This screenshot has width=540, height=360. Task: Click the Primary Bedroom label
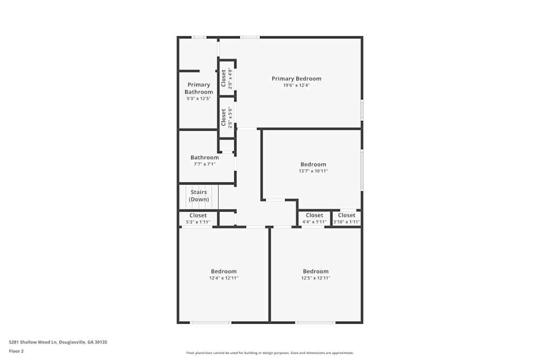click(x=296, y=79)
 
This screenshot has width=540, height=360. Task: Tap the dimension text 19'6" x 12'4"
click(x=296, y=85)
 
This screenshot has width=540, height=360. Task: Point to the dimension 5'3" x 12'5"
click(x=198, y=99)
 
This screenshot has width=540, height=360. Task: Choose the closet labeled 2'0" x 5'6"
click(x=227, y=117)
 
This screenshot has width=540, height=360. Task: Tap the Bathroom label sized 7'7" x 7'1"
click(x=205, y=158)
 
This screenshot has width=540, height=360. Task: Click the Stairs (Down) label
click(x=199, y=196)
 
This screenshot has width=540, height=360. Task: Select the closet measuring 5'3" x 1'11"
click(x=198, y=218)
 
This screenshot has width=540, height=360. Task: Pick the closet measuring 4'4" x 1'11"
click(x=314, y=218)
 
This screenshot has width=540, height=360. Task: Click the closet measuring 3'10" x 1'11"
click(x=347, y=218)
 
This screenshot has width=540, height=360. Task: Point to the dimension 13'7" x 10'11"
click(x=313, y=171)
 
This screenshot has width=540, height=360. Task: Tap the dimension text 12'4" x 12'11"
click(x=224, y=278)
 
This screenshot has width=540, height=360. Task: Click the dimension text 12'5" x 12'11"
click(x=315, y=278)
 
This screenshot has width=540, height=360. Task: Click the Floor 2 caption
click(x=16, y=351)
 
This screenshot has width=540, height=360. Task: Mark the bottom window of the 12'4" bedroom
click(x=211, y=323)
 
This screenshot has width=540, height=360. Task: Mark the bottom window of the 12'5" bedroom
click(x=315, y=323)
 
